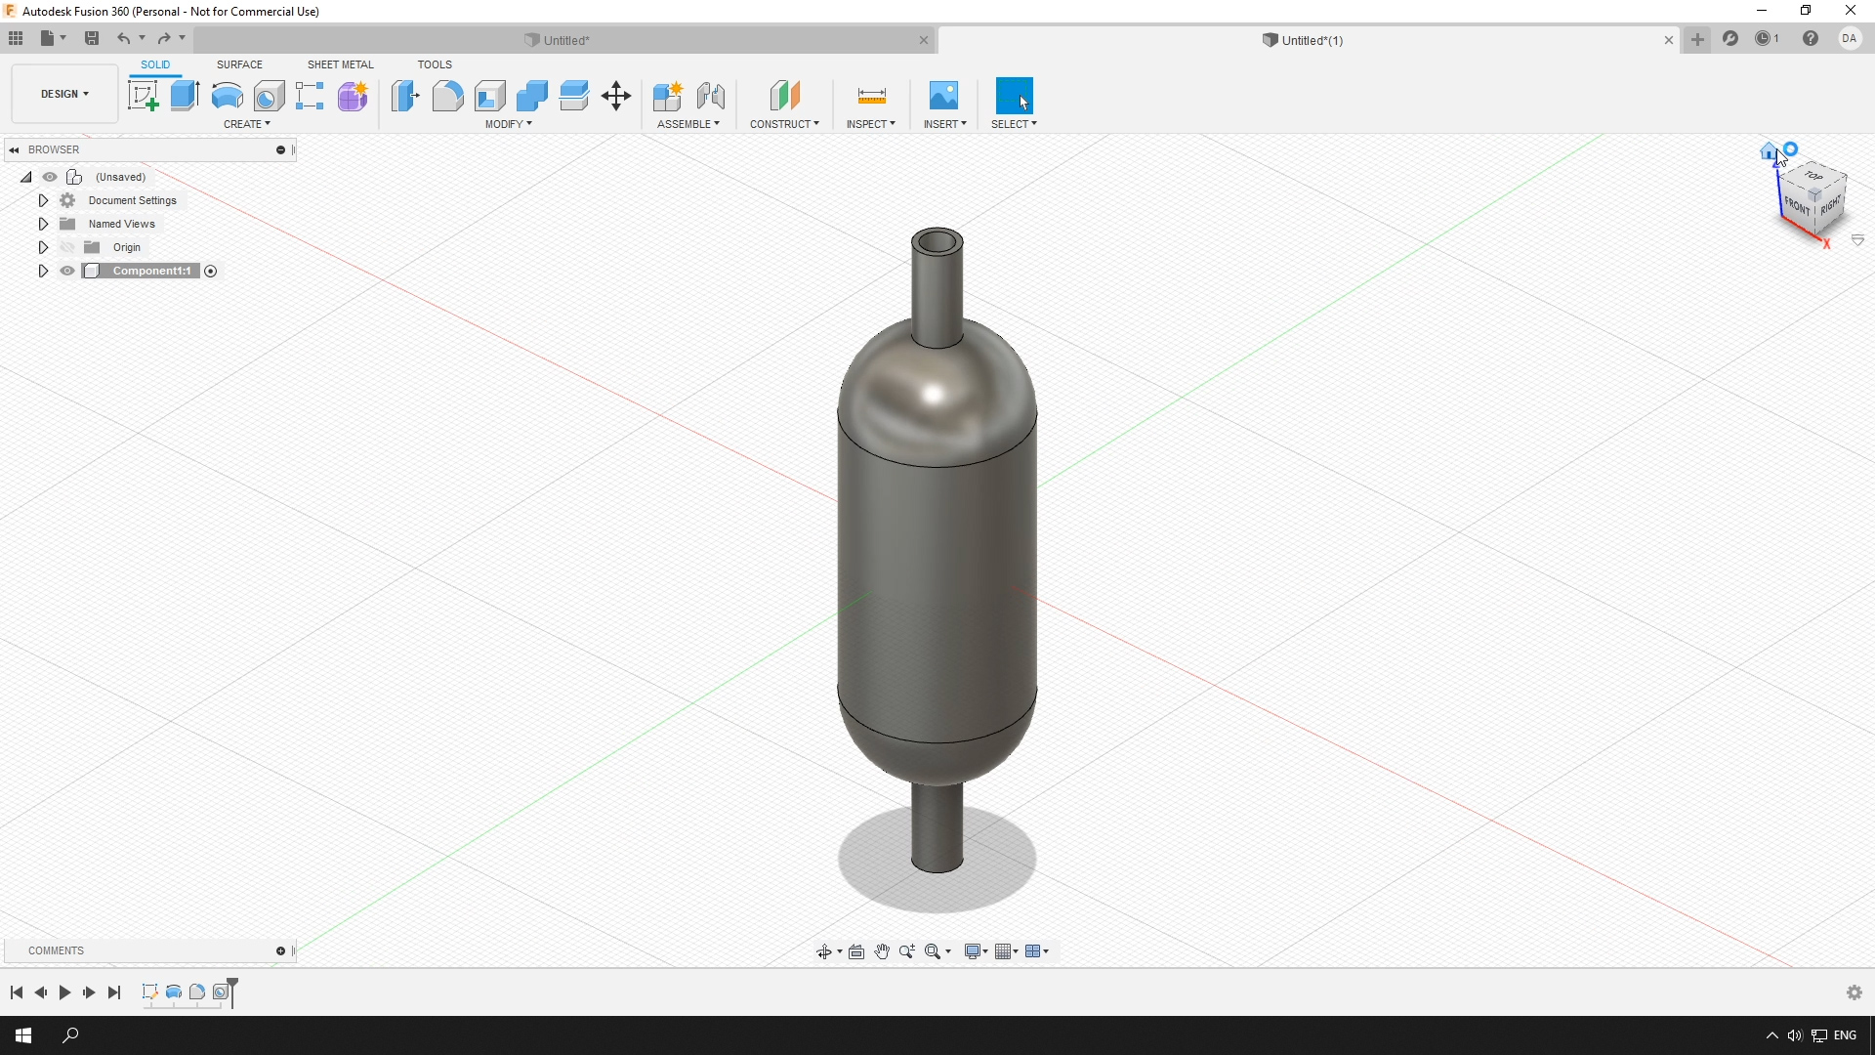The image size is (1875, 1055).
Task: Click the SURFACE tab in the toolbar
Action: click(239, 64)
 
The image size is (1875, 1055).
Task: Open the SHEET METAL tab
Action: click(340, 64)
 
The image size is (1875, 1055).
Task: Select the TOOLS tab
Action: click(435, 64)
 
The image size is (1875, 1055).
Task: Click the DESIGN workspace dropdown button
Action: click(64, 94)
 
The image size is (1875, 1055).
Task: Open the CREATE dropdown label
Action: click(247, 124)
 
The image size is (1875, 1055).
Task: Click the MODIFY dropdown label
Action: click(509, 124)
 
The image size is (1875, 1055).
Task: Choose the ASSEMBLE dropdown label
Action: click(688, 124)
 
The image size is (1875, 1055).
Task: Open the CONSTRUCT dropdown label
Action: click(784, 124)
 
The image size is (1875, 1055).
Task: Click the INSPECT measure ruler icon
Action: click(871, 96)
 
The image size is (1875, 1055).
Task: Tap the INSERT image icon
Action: click(943, 96)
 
